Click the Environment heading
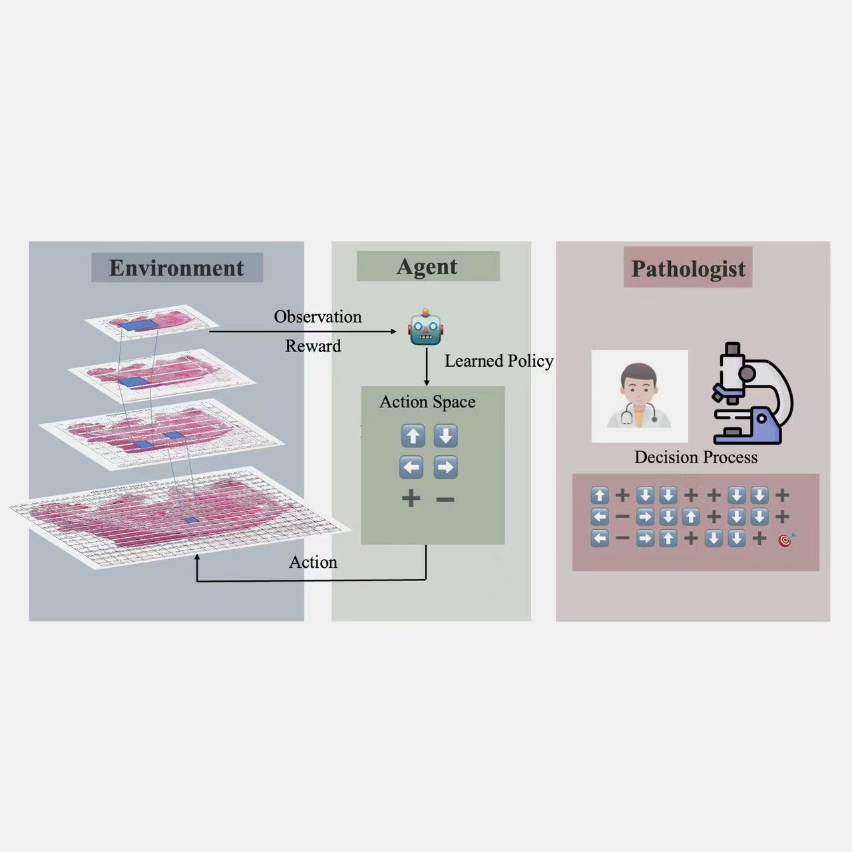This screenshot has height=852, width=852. [x=176, y=268]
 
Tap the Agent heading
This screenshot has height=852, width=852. [x=427, y=267]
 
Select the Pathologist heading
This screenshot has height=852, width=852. [x=688, y=268]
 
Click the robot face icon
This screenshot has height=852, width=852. [x=425, y=327]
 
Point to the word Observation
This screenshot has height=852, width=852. [x=318, y=317]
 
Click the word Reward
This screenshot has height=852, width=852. [x=313, y=345]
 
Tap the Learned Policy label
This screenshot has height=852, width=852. [x=499, y=361]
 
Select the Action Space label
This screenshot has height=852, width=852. [x=427, y=402]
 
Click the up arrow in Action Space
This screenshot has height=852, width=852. [x=413, y=436]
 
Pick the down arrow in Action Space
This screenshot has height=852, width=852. [x=446, y=436]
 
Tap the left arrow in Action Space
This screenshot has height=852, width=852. [x=411, y=467]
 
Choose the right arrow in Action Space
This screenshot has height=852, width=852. [x=446, y=467]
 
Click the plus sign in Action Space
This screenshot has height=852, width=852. [x=411, y=499]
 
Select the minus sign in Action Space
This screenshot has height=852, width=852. [x=445, y=500]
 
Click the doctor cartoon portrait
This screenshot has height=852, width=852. [x=639, y=396]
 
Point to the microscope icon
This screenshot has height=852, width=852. [x=751, y=393]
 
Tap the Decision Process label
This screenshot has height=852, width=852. [x=696, y=457]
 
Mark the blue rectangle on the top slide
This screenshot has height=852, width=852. [x=139, y=325]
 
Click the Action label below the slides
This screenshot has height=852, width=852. [x=313, y=562]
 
